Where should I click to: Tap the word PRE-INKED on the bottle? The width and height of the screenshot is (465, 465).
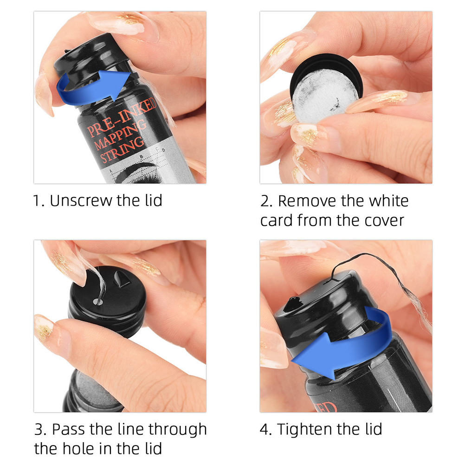[x=122, y=117]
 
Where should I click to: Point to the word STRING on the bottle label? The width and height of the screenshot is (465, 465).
[x=122, y=149]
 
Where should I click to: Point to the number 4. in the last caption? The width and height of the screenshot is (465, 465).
[x=266, y=429]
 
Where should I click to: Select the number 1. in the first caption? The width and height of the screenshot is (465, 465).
[x=39, y=201]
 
